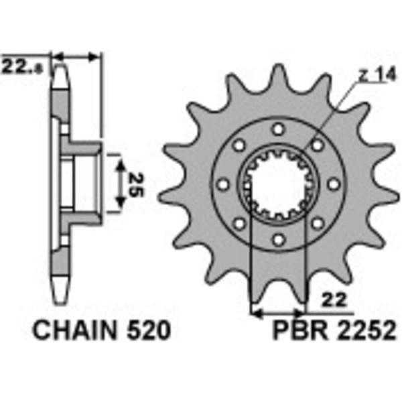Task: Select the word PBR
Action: pos(300,331)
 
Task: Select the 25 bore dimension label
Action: pos(136,184)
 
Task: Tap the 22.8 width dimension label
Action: pos(21,67)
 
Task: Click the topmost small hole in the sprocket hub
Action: pos(279,129)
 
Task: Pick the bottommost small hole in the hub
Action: pos(279,240)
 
